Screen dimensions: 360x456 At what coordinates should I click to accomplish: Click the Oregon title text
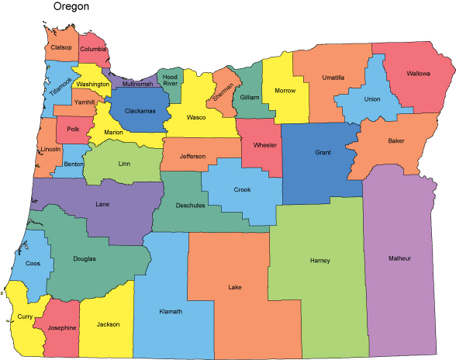tap(71, 7)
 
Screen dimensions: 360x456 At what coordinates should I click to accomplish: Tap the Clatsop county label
tap(60, 47)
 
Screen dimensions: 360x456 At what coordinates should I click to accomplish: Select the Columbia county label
tap(93, 50)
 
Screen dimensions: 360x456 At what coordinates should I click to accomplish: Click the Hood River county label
tap(170, 81)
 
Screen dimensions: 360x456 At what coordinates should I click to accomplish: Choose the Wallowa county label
tap(419, 75)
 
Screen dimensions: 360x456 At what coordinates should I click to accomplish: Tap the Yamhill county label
tap(85, 102)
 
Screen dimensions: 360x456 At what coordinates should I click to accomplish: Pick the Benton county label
tap(74, 164)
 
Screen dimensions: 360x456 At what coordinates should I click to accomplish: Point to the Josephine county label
tap(61, 327)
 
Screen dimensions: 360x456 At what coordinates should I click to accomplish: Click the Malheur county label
tap(399, 258)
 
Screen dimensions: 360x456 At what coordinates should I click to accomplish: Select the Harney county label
tap(320, 259)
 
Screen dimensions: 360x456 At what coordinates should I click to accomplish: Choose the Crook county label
tap(242, 190)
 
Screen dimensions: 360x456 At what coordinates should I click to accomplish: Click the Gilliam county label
tap(250, 97)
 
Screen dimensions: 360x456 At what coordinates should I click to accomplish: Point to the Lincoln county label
tap(50, 149)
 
